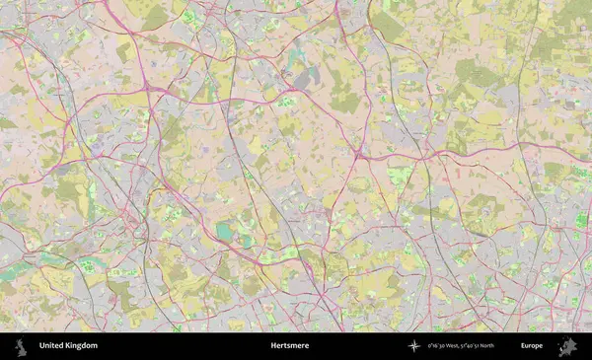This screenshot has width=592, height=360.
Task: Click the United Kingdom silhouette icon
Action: click(20, 345)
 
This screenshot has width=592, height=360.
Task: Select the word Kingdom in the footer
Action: click(83, 346)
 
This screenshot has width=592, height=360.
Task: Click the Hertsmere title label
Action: click(289, 346)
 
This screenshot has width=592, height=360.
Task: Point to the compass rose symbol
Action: click(414, 346)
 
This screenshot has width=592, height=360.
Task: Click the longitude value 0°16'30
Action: click(438, 346)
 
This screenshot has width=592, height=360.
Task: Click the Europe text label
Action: click(532, 346)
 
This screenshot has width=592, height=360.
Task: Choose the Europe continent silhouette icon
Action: click(566, 346)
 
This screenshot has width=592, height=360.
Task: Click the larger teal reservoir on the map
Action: click(225, 232)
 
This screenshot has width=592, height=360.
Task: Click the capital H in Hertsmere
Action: click(273, 346)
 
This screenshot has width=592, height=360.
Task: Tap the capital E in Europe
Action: click(523, 346)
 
